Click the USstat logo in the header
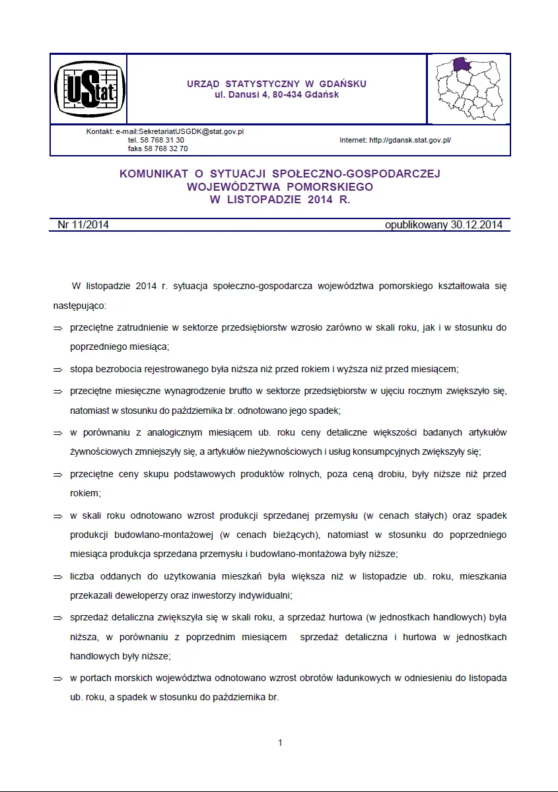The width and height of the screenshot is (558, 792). [88, 89]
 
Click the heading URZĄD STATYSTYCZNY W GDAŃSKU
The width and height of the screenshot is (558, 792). [276, 84]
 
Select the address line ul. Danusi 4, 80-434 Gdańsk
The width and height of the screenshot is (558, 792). [276, 95]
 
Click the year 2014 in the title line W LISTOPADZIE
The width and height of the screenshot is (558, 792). [321, 199]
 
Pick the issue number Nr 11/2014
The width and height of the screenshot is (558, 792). [83, 225]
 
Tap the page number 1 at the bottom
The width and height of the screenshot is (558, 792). [280, 742]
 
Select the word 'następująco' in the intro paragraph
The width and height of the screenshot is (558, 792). [79, 307]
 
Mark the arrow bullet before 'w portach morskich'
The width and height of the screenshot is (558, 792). [57, 678]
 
